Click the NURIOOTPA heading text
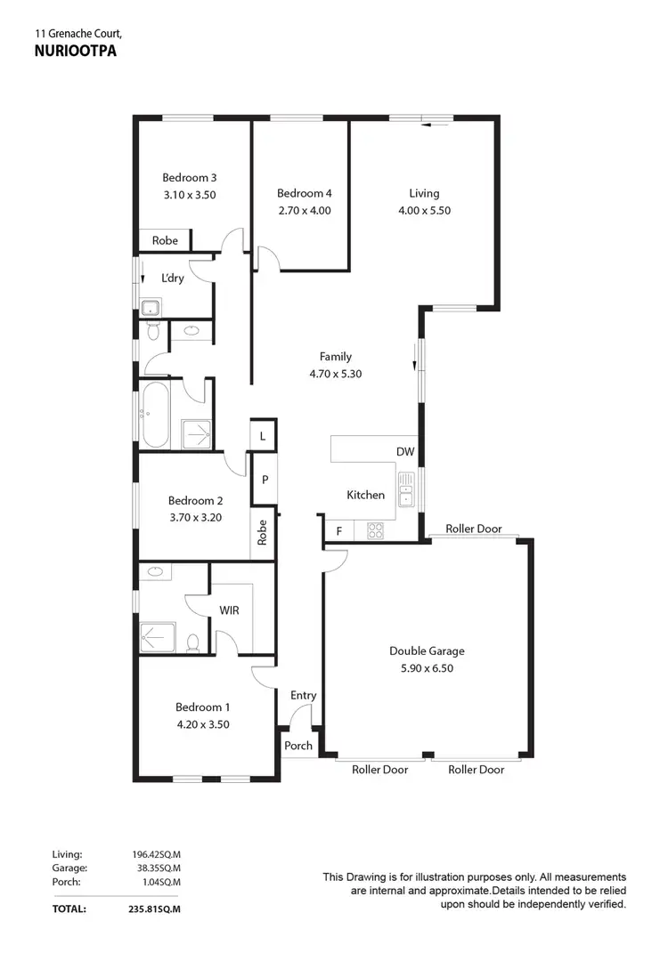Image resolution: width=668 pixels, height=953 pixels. [x=75, y=52]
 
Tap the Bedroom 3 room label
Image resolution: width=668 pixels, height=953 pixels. [x=189, y=177]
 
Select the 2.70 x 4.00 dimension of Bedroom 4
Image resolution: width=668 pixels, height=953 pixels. [x=303, y=211]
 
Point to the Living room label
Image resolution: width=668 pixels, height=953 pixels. [x=424, y=193]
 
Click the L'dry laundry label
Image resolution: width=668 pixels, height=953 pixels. [x=172, y=279]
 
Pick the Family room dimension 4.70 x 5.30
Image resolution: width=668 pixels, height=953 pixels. [x=336, y=375]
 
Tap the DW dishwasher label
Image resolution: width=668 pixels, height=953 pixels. [x=405, y=452]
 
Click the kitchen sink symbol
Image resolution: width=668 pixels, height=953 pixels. [x=407, y=490]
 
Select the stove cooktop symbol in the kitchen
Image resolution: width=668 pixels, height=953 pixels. [x=376, y=531]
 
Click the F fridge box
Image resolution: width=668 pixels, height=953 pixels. [x=338, y=532]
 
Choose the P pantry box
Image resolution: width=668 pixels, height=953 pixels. [x=265, y=480]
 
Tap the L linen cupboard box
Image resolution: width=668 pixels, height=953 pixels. [x=263, y=436]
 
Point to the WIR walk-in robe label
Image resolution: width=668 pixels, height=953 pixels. [x=230, y=611]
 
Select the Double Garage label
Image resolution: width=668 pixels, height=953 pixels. [x=427, y=651]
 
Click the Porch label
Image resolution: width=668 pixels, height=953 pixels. [x=298, y=746]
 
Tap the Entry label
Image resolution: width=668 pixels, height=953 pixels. [x=303, y=696]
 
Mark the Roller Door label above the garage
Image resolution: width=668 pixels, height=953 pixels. [x=474, y=529]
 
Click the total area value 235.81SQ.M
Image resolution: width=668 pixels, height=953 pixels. [x=156, y=910]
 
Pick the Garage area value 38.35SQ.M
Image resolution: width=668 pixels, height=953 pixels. [x=157, y=867]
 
